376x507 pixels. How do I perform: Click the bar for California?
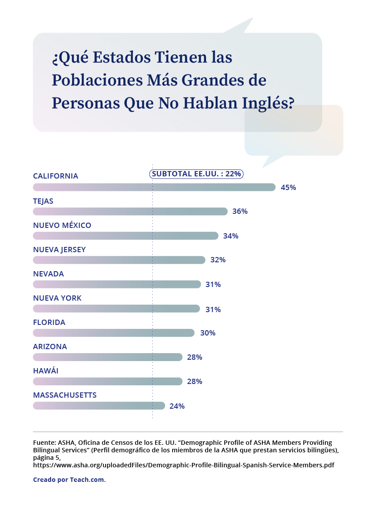coord(154,187)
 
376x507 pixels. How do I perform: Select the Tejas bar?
coord(130,212)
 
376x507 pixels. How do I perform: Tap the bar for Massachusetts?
coord(99,406)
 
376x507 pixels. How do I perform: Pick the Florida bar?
coord(114,333)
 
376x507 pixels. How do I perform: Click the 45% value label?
coord(288,187)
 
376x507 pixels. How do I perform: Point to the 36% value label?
coord(240,212)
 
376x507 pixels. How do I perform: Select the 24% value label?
coord(177,406)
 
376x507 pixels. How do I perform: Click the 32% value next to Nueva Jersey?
coord(218,260)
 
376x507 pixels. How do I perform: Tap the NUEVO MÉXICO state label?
coord(62,225)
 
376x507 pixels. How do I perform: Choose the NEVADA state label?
coord(48,274)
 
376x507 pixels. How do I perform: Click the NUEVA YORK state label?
coord(57,298)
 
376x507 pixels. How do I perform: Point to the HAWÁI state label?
coord(46,371)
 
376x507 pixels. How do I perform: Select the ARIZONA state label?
coord(50,347)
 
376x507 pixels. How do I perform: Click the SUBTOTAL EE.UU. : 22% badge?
coord(196,174)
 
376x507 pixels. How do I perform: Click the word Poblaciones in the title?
coord(93,80)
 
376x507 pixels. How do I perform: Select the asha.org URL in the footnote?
coord(184,465)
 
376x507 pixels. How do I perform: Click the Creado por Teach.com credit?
coord(70,480)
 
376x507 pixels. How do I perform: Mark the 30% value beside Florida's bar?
coord(208,333)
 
